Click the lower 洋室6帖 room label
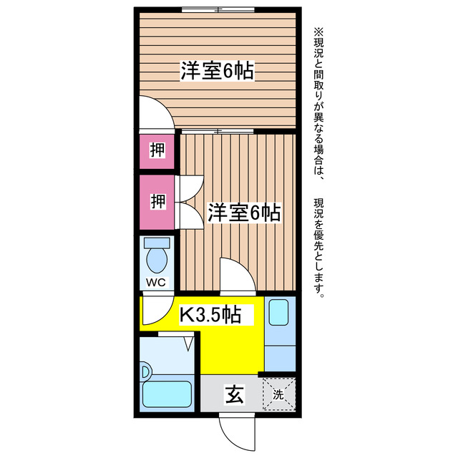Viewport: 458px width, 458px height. [243, 212]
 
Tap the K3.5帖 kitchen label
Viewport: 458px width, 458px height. [209, 313]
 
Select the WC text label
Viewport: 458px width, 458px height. [156, 282]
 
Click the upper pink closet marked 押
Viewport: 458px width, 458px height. [157, 150]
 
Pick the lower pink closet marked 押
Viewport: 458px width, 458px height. [157, 201]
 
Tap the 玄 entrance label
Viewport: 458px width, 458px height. [234, 394]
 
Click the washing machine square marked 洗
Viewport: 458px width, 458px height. [278, 394]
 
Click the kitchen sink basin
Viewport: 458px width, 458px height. [278, 312]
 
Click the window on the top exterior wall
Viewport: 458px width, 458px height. [218, 10]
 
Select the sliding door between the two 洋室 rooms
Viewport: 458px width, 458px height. [218, 131]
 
